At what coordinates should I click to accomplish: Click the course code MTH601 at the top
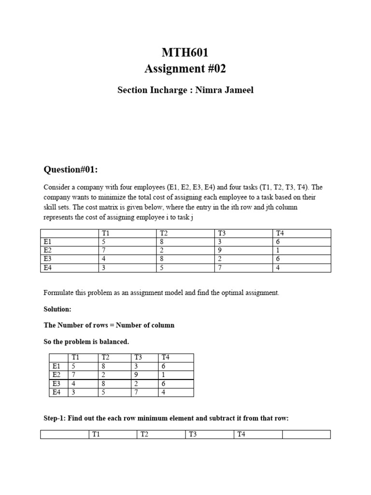click(x=185, y=52)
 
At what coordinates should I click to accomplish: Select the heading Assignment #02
click(x=185, y=69)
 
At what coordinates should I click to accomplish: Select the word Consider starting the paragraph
click(x=56, y=187)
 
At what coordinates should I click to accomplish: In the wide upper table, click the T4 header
click(x=280, y=233)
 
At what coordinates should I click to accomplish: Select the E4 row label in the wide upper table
click(x=47, y=268)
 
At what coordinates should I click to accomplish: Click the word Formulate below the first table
click(x=58, y=293)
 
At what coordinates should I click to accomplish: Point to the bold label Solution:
click(x=57, y=308)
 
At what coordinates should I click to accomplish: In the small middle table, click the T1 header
click(x=75, y=357)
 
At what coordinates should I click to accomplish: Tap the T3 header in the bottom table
click(x=193, y=435)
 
